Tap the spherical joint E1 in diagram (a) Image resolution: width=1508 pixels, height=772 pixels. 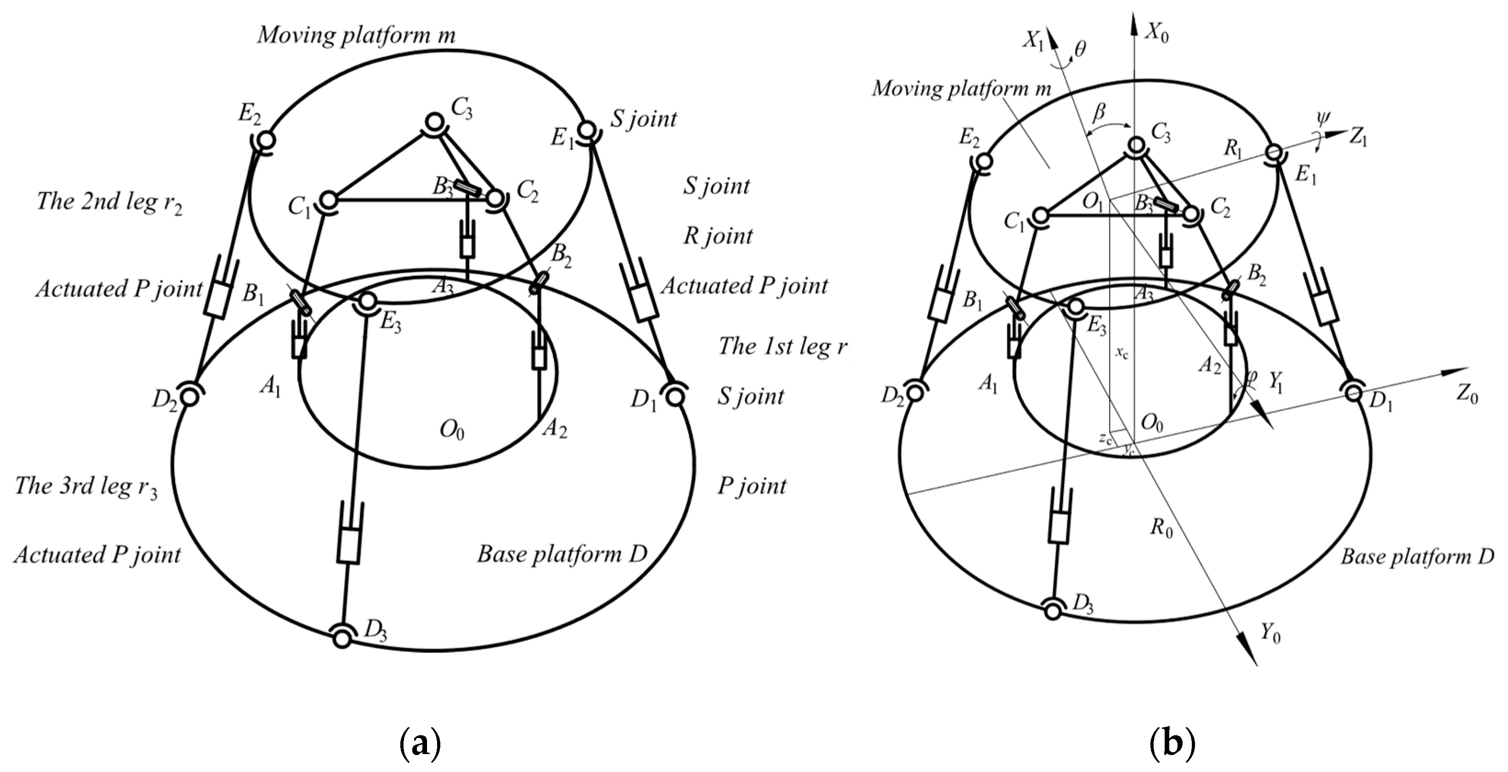click(587, 129)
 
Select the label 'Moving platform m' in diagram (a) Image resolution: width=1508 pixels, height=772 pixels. click(356, 35)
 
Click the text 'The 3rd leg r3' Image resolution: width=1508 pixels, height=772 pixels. click(86, 487)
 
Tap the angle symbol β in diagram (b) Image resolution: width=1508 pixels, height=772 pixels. click(1099, 111)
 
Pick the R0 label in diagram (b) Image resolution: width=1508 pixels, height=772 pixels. click(1161, 528)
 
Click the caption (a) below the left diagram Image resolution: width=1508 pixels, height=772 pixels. click(420, 744)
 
